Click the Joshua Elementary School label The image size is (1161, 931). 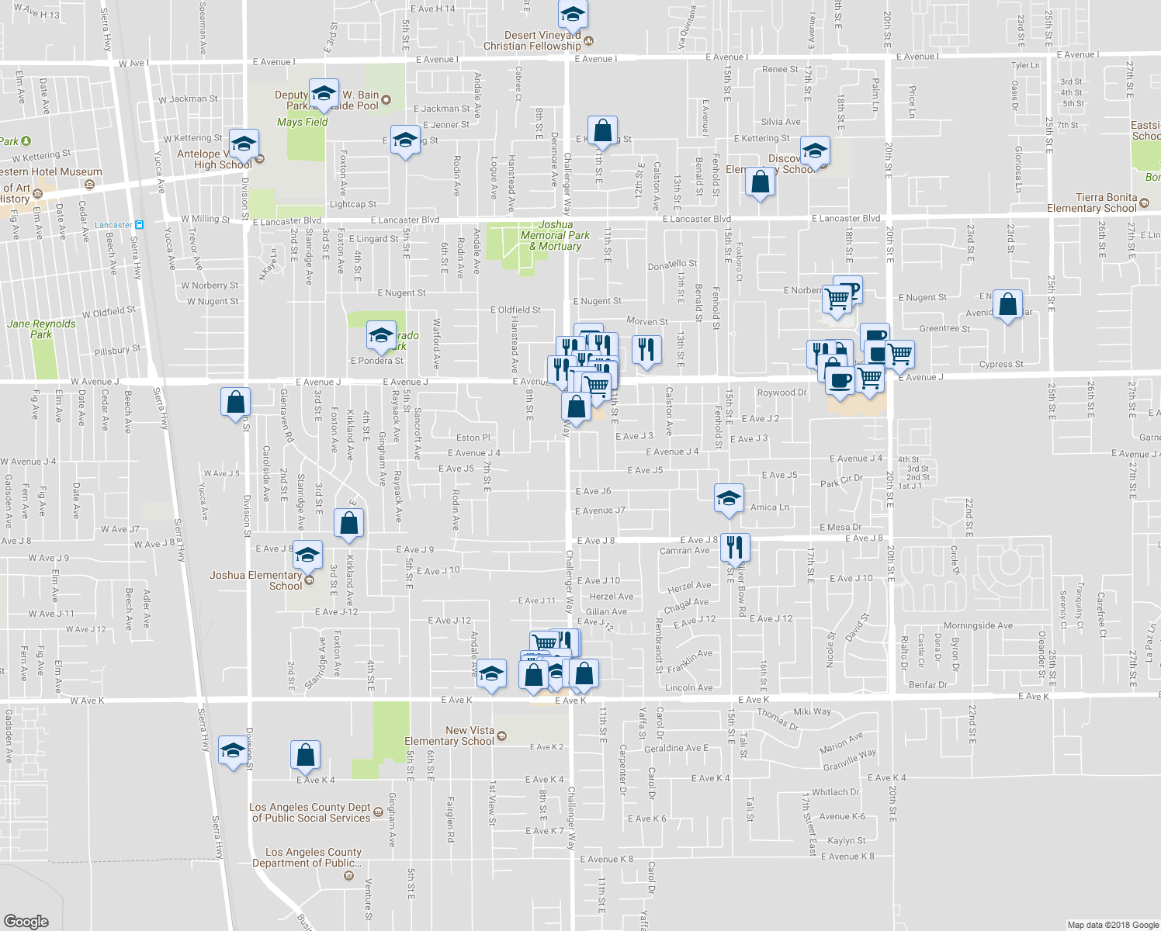coord(255,580)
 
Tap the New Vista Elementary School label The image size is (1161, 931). coord(449,735)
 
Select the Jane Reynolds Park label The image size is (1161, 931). coord(41,329)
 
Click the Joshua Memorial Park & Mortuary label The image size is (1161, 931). coord(555,235)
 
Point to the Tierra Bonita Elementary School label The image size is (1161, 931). coord(1092,202)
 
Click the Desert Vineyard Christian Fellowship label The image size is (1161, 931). coord(532,40)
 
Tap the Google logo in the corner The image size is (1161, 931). coord(26,921)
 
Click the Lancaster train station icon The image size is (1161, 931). coord(139,225)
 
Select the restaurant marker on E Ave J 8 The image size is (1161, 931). coord(734,547)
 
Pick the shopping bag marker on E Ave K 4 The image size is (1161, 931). coord(306,754)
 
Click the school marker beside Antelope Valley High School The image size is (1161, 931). coord(244,144)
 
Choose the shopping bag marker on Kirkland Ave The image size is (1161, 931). coord(349,523)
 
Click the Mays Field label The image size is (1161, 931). coord(302,122)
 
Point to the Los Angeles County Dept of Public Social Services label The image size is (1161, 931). coord(310,812)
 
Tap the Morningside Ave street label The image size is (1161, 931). coord(978,625)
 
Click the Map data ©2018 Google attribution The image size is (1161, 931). coord(1112,925)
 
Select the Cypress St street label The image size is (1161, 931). coord(1000,364)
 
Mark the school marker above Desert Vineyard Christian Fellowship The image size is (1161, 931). coord(573,15)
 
